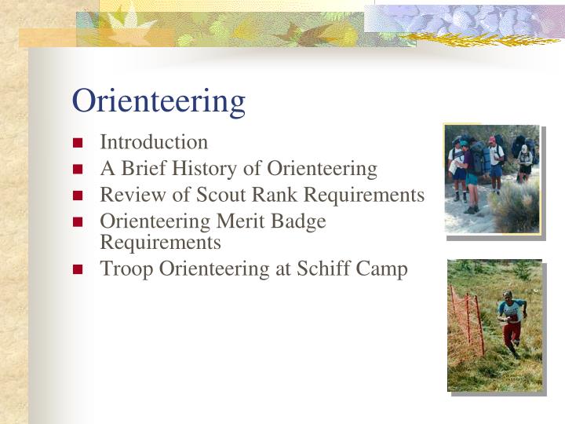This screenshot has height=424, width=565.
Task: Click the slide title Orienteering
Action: pyautogui.click(x=159, y=101)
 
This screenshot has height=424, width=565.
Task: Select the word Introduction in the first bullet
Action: pyautogui.click(x=154, y=142)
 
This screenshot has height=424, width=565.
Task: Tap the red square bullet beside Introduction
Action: pyautogui.click(x=78, y=143)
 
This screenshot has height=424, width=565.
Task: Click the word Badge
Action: pyautogui.click(x=299, y=222)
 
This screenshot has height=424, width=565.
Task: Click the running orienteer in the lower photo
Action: pyautogui.click(x=511, y=322)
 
